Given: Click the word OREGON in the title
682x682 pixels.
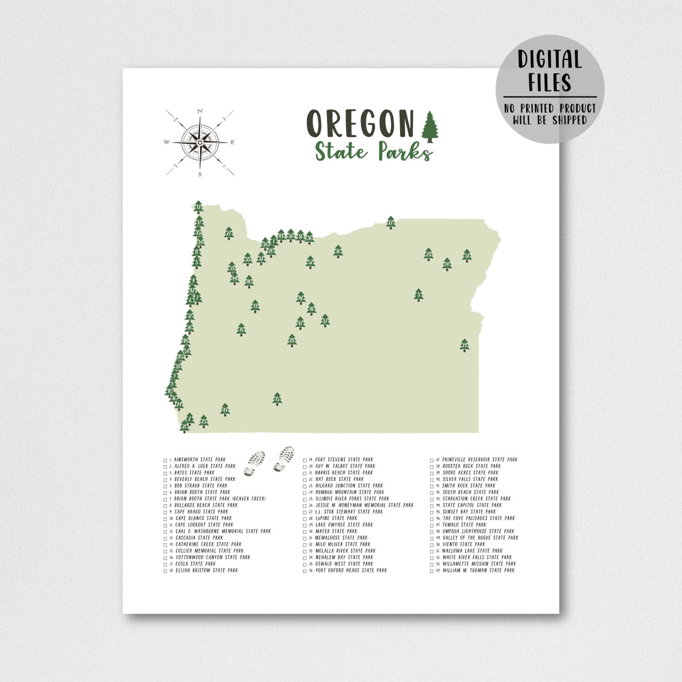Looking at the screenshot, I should pyautogui.click(x=360, y=123).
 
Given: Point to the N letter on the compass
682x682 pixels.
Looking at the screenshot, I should pyautogui.click(x=200, y=111).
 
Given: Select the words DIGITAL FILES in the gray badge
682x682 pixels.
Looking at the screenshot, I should pyautogui.click(x=550, y=71).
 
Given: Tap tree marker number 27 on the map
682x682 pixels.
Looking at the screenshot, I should pyautogui.click(x=229, y=233).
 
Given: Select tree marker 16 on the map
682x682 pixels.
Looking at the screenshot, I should pyautogui.click(x=338, y=251).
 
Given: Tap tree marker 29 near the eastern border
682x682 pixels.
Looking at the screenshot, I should pyautogui.click(x=464, y=345).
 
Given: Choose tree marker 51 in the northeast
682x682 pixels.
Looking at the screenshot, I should pyautogui.click(x=467, y=256).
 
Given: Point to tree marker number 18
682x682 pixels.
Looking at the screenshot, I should pyautogui.click(x=241, y=329).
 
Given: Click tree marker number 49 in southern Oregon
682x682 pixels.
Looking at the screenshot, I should pyautogui.click(x=225, y=410).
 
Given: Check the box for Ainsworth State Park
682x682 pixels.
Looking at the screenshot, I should pyautogui.click(x=165, y=460).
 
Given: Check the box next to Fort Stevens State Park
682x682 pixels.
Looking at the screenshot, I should pyautogui.click(x=305, y=460).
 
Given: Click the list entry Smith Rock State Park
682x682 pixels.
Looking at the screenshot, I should pyautogui.click(x=469, y=485).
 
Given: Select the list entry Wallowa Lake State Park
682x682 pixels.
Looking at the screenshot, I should pyautogui.click(x=472, y=551).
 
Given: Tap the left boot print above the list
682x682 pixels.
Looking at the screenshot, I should pyautogui.click(x=254, y=464).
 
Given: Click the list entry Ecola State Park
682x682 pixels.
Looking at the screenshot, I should pyautogui.click(x=195, y=564).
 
